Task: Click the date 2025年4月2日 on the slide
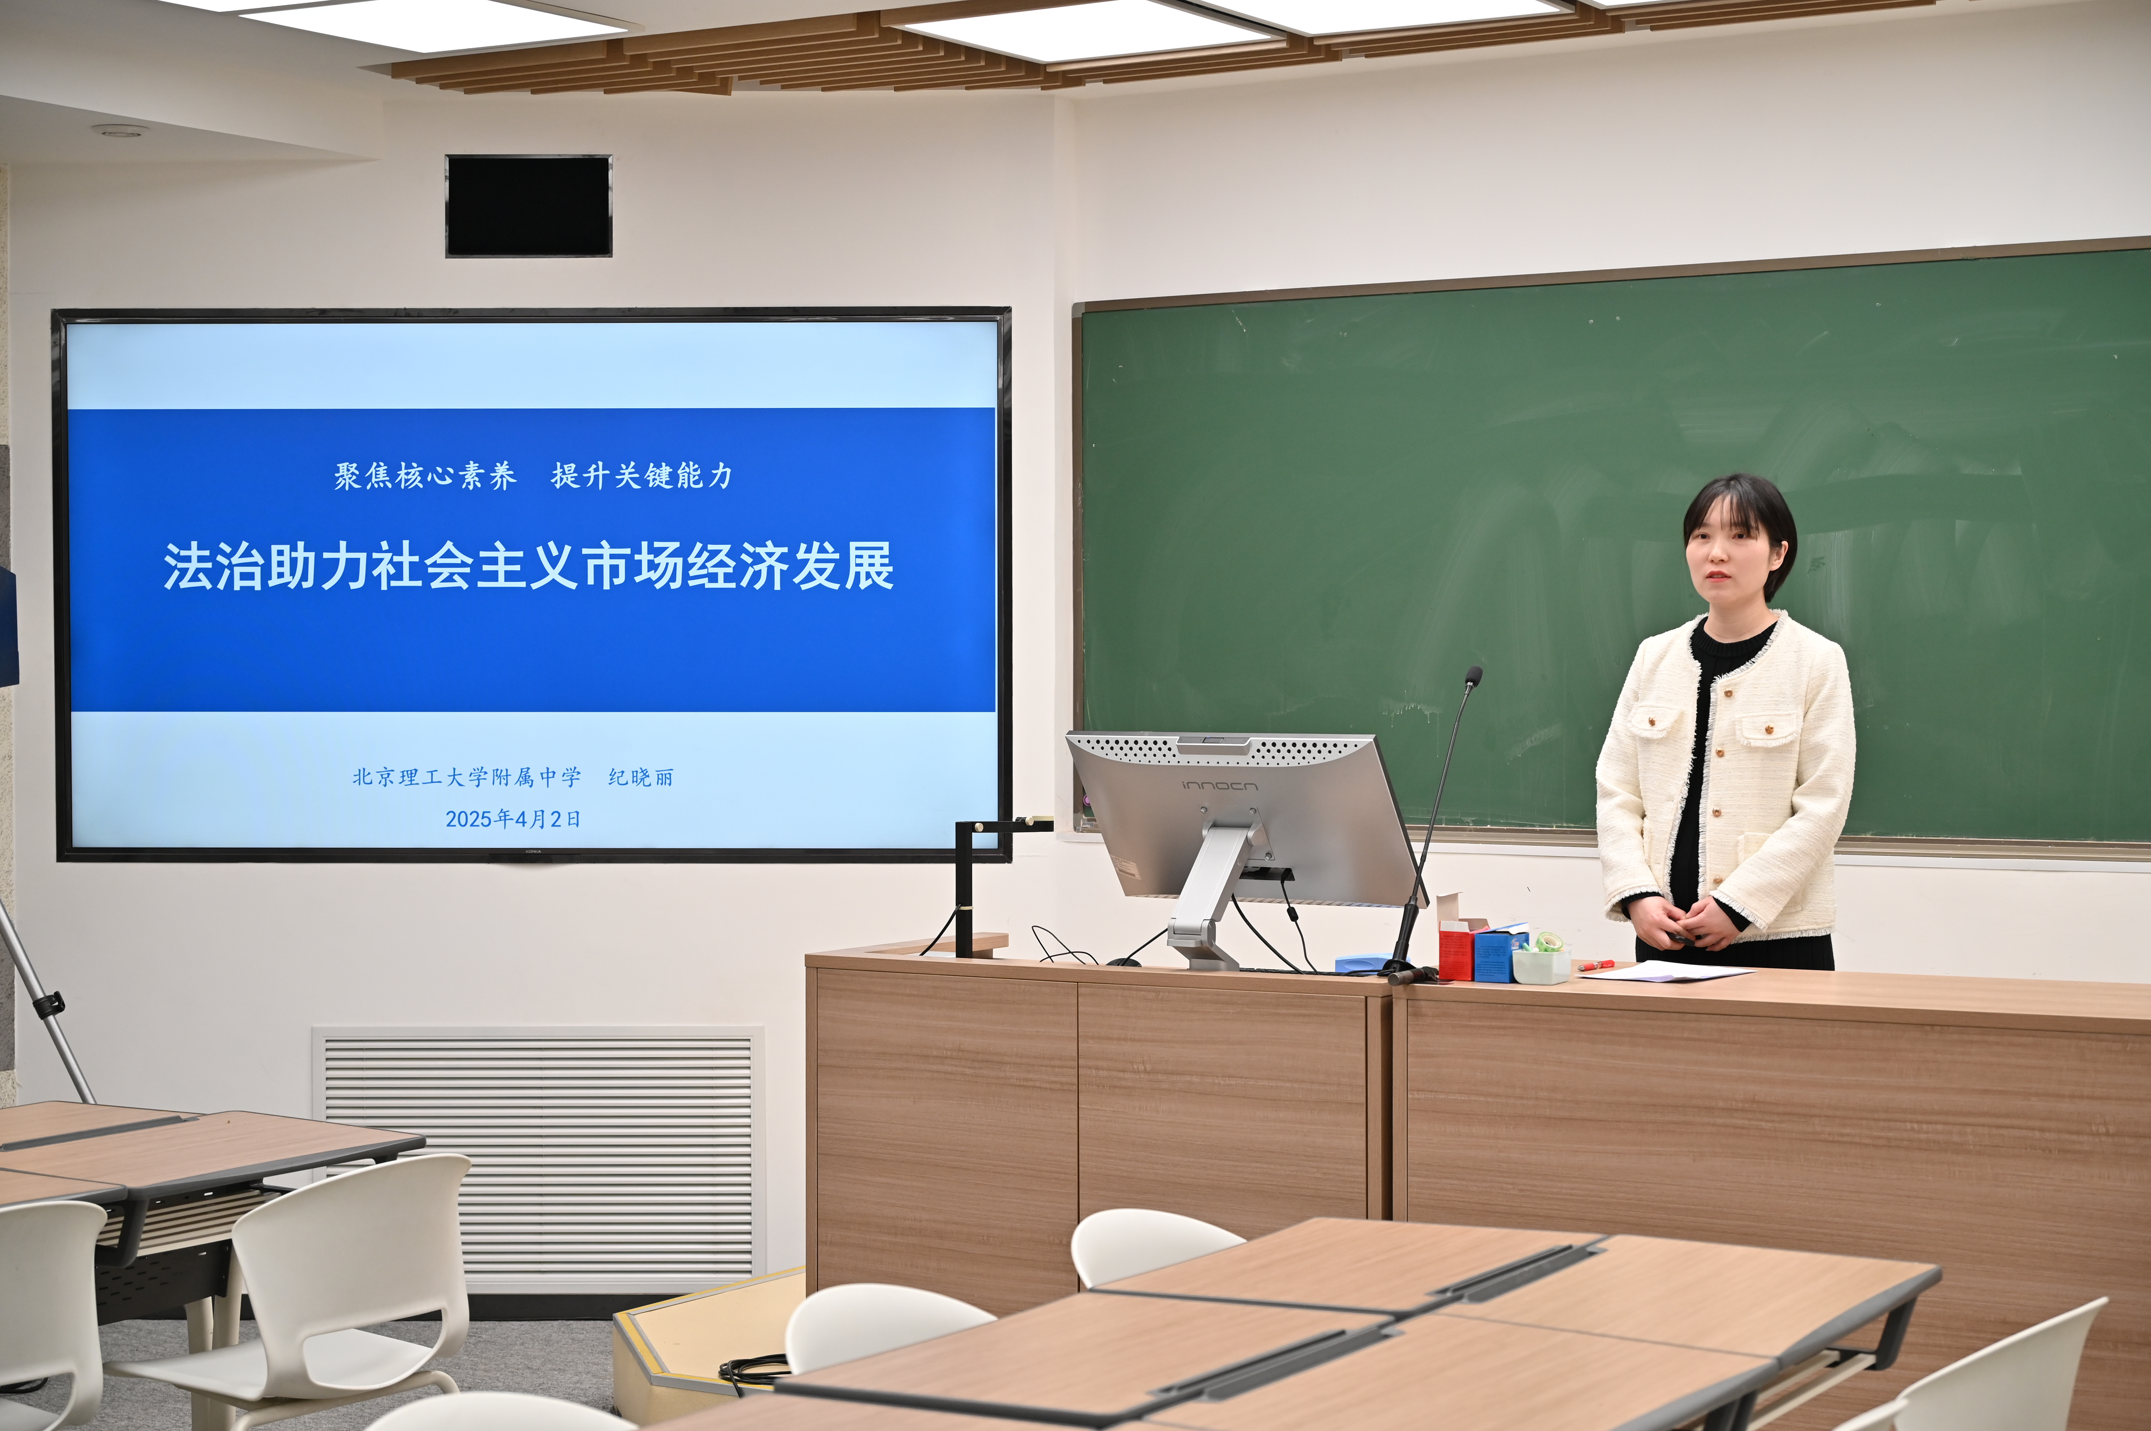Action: [x=513, y=819]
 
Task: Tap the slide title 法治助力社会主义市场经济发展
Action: [x=528, y=567]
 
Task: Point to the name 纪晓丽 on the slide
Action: [x=641, y=778]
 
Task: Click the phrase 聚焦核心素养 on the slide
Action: [x=425, y=476]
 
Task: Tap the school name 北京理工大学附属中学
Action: [x=466, y=778]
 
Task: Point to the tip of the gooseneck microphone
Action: [x=1473, y=675]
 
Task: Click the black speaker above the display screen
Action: [x=528, y=206]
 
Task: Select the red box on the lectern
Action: [x=1456, y=951]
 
